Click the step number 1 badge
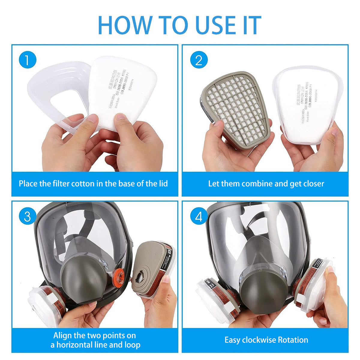click(x=27, y=60)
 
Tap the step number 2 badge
click(x=199, y=60)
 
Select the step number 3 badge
click(x=27, y=216)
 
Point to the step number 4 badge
click(x=199, y=216)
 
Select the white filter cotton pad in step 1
click(x=123, y=90)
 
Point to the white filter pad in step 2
click(x=307, y=105)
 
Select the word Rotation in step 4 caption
click(x=293, y=340)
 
